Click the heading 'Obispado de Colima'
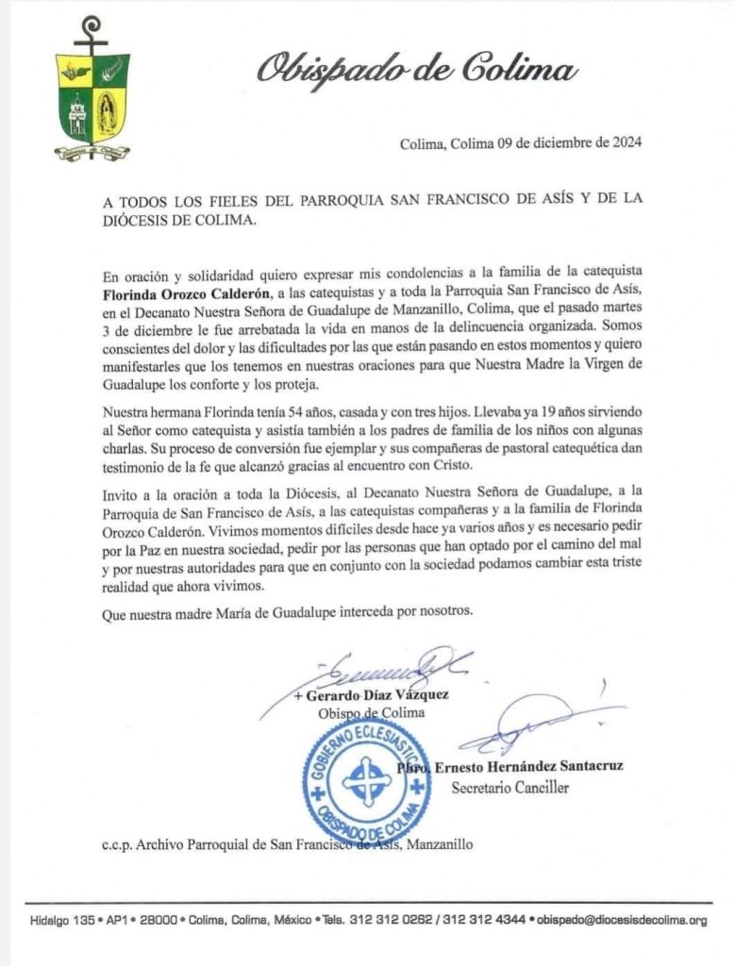coord(415,70)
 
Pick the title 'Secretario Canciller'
coord(509,787)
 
